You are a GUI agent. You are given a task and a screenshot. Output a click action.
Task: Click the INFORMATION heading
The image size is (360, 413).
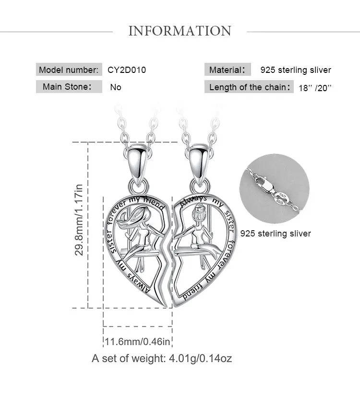click(180, 31)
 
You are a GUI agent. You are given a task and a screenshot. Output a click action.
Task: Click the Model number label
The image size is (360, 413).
click(69, 70)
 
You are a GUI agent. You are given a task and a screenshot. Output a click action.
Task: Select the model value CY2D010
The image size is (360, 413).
click(127, 70)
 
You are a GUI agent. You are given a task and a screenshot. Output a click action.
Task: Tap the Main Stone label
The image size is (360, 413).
click(67, 87)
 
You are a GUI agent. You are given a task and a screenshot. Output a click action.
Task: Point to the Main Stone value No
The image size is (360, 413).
click(116, 87)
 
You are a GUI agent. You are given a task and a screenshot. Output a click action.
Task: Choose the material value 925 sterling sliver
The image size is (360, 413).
click(296, 70)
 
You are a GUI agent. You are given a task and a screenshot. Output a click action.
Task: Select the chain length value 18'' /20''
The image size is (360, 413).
click(315, 88)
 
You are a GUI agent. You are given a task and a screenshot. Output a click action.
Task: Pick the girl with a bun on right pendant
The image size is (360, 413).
click(198, 225)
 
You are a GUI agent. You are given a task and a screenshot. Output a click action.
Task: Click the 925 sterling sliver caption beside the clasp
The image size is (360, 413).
click(276, 234)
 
